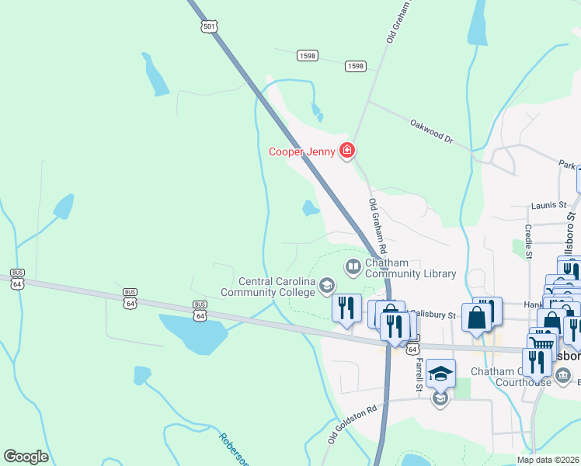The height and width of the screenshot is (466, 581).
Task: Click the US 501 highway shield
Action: click(208, 26)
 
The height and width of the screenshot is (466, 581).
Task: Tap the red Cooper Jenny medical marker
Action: click(347, 150)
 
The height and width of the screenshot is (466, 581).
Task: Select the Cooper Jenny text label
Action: click(301, 151)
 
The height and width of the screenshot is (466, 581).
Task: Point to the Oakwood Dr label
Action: click(431, 129)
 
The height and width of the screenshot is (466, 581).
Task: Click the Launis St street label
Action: click(549, 205)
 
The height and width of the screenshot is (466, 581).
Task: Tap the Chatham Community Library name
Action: click(410, 269)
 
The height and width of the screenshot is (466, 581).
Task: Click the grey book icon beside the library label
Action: click(353, 268)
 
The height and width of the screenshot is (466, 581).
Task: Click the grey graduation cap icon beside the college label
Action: click(327, 287)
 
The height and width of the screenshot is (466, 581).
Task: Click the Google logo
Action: click(26, 457)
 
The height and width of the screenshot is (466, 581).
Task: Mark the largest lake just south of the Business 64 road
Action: click(193, 332)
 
